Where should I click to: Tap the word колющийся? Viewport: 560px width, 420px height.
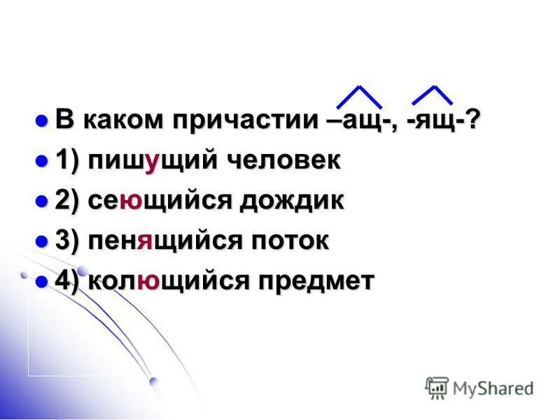[x=167, y=281]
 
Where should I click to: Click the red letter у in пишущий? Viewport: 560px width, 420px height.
[x=149, y=162]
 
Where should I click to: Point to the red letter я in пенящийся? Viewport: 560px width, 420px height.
[x=145, y=242]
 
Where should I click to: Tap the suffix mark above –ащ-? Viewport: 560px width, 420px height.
[x=358, y=96]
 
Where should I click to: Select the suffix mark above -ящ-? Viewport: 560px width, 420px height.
[x=433, y=94]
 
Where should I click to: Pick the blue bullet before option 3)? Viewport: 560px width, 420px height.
[x=41, y=240]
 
